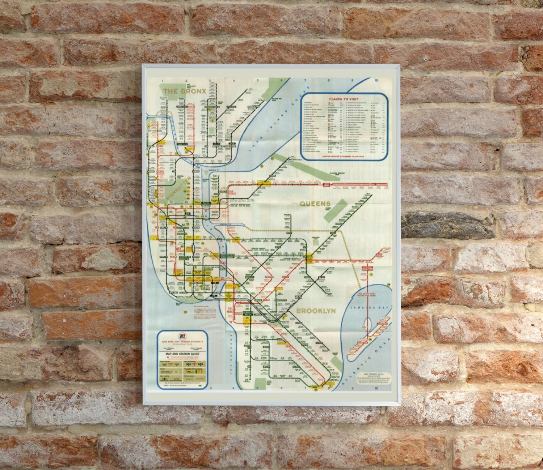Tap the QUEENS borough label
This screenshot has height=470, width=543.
(x=315, y=204)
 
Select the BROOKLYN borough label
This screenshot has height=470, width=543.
(x=316, y=311)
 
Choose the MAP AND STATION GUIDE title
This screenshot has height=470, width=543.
(x=181, y=355)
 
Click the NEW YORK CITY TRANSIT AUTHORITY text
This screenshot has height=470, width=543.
(x=181, y=342)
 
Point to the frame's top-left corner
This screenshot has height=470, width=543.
(x=143, y=65)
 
